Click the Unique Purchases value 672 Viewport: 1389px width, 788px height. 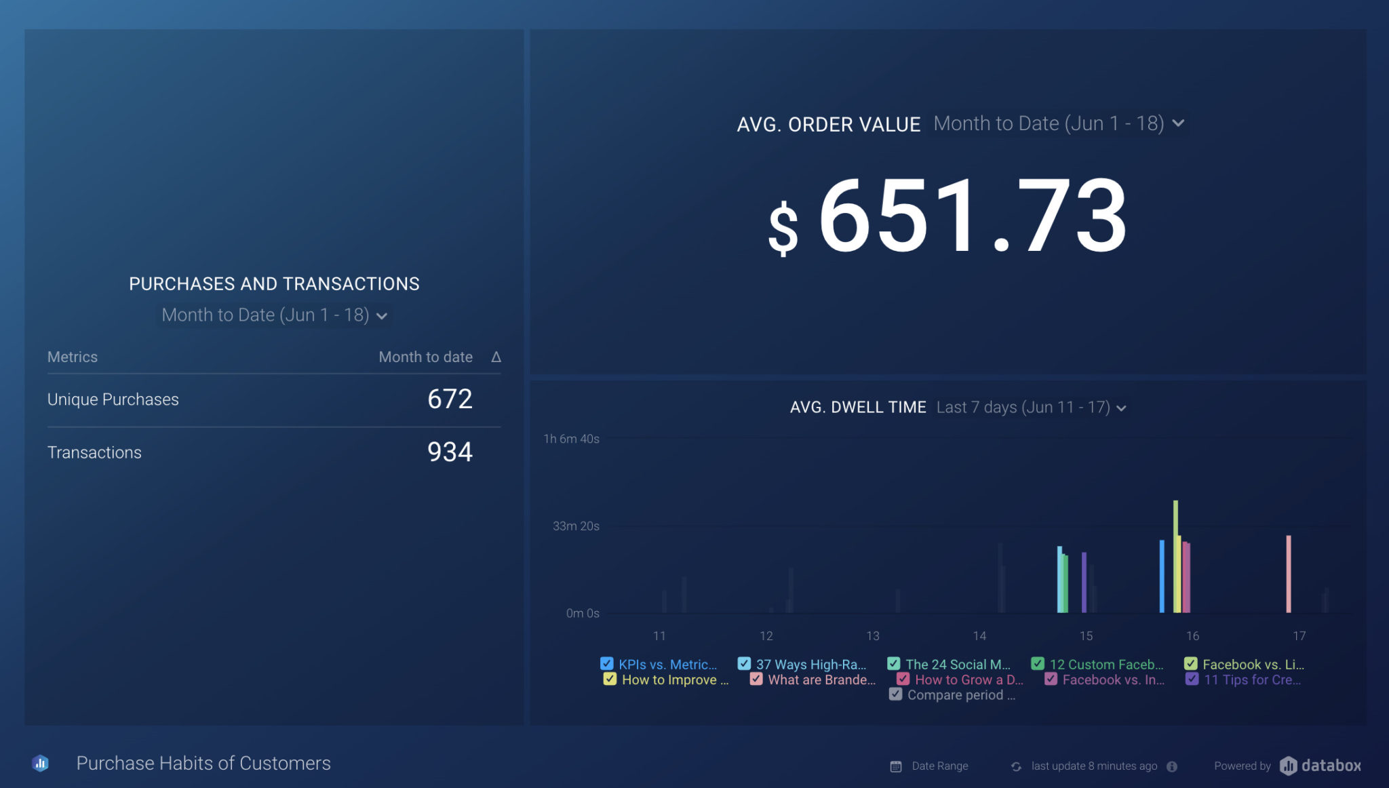(450, 399)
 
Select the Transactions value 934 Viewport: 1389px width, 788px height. (450, 452)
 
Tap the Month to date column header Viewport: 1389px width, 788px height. (425, 357)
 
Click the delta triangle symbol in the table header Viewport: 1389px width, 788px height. (496, 357)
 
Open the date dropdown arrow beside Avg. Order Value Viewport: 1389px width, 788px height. (1178, 123)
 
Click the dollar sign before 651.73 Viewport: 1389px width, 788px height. (783, 229)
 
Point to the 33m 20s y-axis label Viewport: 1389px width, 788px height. (575, 526)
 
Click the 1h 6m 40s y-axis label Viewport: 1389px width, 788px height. (571, 439)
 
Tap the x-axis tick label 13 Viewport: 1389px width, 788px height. (873, 636)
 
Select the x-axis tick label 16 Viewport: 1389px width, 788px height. (1192, 636)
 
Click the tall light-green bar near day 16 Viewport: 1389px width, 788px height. (1175, 556)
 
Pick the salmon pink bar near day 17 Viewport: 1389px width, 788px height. (1289, 574)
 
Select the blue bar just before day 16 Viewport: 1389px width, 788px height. (1162, 576)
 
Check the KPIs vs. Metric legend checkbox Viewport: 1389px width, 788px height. (607, 664)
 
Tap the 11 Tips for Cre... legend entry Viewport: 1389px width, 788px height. (1251, 679)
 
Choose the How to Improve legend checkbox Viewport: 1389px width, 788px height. (610, 679)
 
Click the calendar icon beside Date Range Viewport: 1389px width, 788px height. (896, 766)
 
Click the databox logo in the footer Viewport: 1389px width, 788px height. (1320, 766)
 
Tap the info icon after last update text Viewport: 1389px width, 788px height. (1172, 766)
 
